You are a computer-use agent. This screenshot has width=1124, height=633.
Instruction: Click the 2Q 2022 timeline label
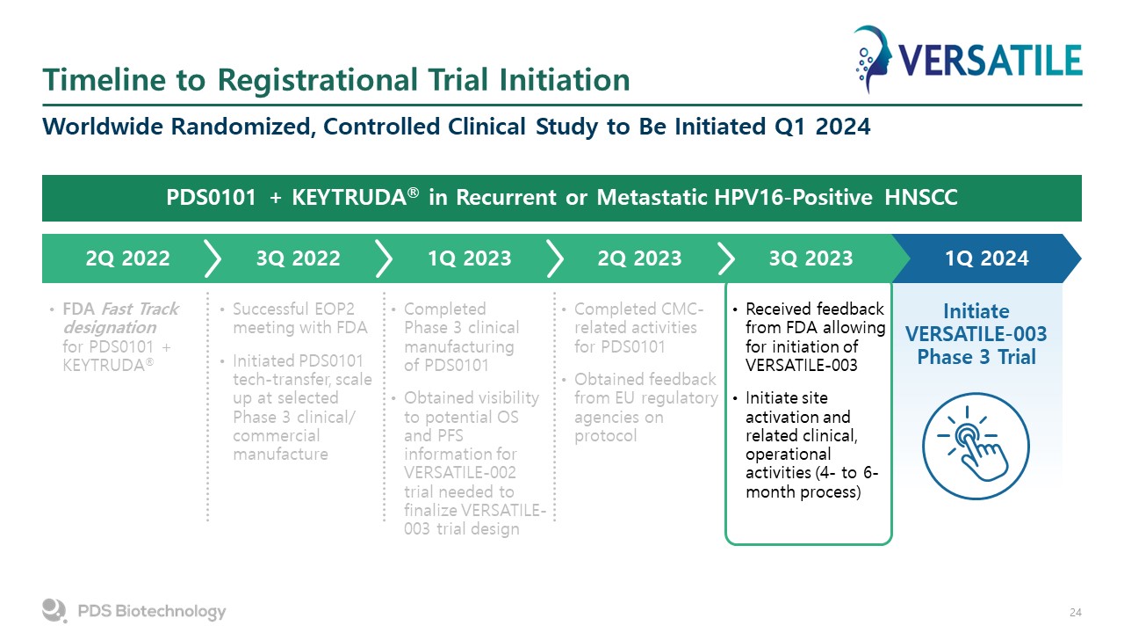127,258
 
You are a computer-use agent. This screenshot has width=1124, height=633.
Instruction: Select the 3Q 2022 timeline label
298,258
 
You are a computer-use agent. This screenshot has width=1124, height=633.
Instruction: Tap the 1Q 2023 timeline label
469,258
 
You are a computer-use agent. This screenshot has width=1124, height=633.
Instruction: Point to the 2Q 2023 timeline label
639,258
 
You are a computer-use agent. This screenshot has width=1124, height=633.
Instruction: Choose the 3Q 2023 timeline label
811,258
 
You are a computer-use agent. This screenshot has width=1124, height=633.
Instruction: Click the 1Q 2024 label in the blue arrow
986,258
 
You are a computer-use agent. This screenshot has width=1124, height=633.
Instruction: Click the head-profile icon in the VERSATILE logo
873,59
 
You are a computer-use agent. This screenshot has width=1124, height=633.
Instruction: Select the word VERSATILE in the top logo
990,61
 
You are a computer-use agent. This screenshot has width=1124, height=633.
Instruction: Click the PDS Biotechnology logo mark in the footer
54,610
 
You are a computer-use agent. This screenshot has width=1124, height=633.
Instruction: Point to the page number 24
1076,613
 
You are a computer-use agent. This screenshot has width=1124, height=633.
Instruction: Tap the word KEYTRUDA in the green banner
349,198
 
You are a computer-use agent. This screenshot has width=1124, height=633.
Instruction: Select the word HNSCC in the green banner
921,198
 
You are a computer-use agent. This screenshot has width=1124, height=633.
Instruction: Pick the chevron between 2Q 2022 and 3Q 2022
213,258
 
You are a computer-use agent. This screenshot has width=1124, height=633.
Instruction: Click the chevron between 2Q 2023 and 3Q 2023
725,258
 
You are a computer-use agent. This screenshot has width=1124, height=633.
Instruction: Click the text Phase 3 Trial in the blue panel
976,357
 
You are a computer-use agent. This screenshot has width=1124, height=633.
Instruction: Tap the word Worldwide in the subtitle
103,126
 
